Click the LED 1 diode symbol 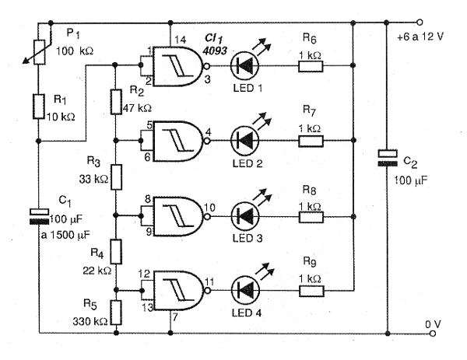pos(245,65)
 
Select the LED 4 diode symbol pos(245,290)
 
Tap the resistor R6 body pos(311,66)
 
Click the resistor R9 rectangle pos(311,291)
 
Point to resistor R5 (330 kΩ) pos(116,313)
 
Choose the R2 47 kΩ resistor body pos(116,102)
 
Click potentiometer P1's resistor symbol pos(40,52)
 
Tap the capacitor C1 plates pos(39,217)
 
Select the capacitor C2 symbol pos(387,159)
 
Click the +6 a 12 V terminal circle pos(420,22)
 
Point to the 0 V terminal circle pos(433,334)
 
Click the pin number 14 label pos(181,40)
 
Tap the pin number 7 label pos(175,317)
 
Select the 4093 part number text pos(215,51)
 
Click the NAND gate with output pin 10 pos(177,216)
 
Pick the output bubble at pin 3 pos(206,66)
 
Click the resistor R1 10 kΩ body pos(39,107)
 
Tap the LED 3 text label pos(248,238)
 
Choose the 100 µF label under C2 pos(411,180)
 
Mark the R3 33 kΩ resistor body pos(116,177)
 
